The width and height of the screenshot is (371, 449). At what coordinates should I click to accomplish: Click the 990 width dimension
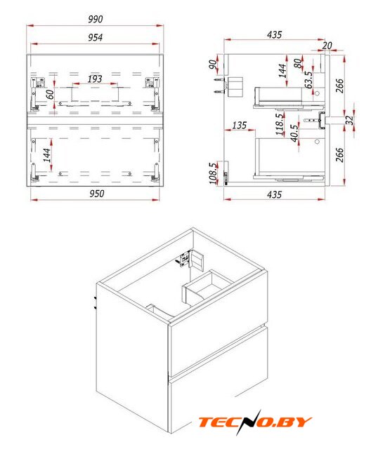tap(95, 19)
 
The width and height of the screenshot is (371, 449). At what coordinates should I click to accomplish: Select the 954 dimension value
tap(95, 37)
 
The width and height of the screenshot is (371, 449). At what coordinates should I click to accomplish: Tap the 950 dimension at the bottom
tap(97, 194)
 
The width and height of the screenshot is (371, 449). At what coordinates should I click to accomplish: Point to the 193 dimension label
tap(95, 79)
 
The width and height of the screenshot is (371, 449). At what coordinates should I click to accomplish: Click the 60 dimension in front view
tap(50, 95)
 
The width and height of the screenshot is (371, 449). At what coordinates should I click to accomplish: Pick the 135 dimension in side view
tap(240, 125)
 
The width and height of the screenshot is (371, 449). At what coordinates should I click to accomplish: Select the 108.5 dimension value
tap(213, 173)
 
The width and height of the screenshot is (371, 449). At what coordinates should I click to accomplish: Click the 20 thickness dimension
tap(327, 45)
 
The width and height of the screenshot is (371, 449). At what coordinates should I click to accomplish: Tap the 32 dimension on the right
tap(349, 120)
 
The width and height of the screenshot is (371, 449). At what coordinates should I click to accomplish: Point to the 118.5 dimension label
tap(279, 125)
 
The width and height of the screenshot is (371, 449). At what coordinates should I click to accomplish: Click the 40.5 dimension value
tap(294, 133)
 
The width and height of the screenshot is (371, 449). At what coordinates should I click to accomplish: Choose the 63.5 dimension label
tap(308, 80)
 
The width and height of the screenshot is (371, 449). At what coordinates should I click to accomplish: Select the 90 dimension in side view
tap(213, 65)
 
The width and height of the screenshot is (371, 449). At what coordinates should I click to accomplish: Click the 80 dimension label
tap(298, 63)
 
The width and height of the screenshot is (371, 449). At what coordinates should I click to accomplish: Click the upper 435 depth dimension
tap(274, 34)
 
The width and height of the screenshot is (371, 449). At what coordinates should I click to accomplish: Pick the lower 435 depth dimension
tap(274, 195)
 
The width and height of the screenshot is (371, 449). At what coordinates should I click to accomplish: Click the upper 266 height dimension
tap(339, 86)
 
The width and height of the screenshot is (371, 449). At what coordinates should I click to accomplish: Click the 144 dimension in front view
tap(47, 155)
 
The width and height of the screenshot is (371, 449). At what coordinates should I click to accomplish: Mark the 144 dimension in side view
tap(282, 71)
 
